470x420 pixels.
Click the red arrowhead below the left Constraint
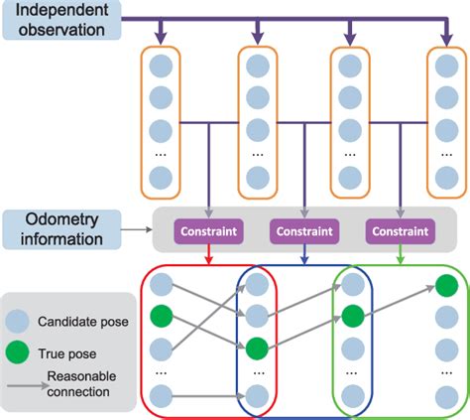click(208, 260)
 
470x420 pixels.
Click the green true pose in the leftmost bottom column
click(162, 319)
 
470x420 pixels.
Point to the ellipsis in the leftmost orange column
click(162, 155)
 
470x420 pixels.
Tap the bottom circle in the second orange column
click(257, 179)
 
